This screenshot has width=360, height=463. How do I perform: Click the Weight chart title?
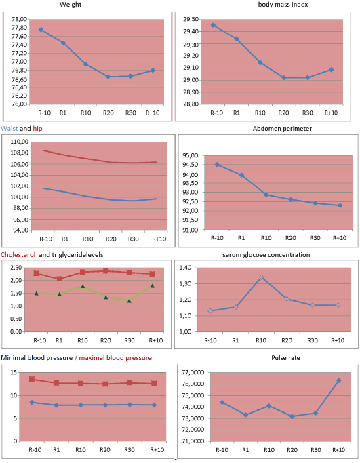71,5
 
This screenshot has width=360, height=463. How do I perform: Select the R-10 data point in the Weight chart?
41,30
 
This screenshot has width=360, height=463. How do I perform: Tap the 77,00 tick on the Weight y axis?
19,62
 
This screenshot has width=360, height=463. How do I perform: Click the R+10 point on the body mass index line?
332,70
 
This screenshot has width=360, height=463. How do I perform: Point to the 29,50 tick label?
191,20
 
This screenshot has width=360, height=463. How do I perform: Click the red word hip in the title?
37,129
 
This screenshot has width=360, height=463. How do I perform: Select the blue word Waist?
9,129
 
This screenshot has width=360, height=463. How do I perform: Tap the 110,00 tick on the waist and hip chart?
20,142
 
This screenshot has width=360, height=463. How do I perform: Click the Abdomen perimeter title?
282,129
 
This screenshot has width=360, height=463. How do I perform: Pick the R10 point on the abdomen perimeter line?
266,195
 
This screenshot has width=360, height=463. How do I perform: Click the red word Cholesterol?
18,254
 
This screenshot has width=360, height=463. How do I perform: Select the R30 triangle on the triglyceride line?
129,300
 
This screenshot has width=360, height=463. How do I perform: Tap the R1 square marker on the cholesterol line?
60,279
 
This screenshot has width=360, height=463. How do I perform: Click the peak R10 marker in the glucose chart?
261,277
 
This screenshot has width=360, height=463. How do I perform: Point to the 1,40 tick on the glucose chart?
185,268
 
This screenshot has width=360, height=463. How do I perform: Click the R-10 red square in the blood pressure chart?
32,379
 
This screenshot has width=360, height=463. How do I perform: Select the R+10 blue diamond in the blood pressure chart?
154,405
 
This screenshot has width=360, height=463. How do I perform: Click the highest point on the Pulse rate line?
339,380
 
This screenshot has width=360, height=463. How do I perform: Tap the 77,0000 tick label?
193,372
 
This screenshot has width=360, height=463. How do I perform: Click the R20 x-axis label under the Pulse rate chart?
292,450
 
